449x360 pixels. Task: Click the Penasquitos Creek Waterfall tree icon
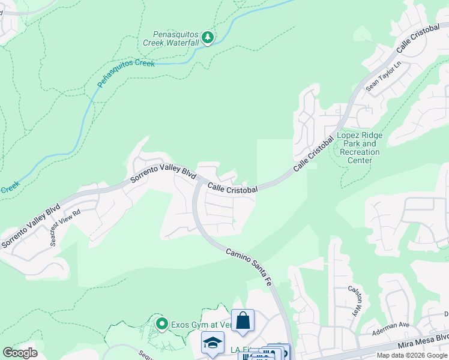pyautogui.click(x=208, y=38)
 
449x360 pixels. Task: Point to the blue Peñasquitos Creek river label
pyautogui.click(x=125, y=72)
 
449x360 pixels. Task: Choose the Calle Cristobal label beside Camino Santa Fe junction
pyautogui.click(x=233, y=188)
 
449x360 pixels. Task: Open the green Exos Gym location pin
pyautogui.click(x=161, y=325)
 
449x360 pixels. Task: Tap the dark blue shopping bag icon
pyautogui.click(x=243, y=320)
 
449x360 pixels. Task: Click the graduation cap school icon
pyautogui.click(x=212, y=343)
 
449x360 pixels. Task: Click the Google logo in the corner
pyautogui.click(x=20, y=353)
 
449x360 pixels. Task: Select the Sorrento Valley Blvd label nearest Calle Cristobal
pyautogui.click(x=164, y=173)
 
